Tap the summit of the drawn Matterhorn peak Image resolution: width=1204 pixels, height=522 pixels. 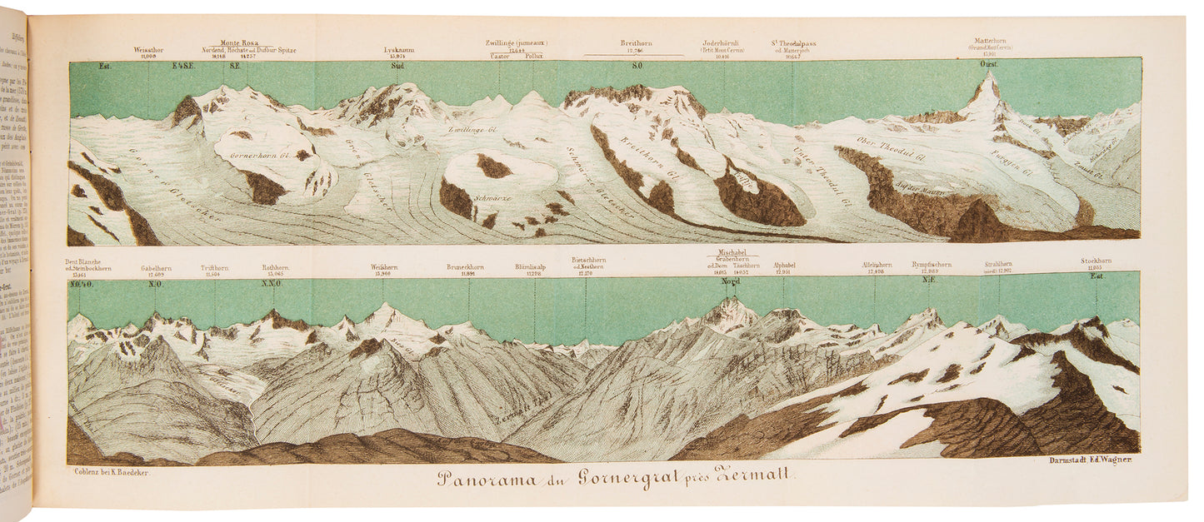(990, 74)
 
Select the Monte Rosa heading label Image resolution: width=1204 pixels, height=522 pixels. (238, 42)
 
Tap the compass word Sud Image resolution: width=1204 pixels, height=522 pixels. (397, 65)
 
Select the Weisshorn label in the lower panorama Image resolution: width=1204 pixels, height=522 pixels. (383, 267)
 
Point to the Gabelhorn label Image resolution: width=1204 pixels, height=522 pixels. (155, 268)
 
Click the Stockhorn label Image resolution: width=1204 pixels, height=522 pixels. (1096, 261)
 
